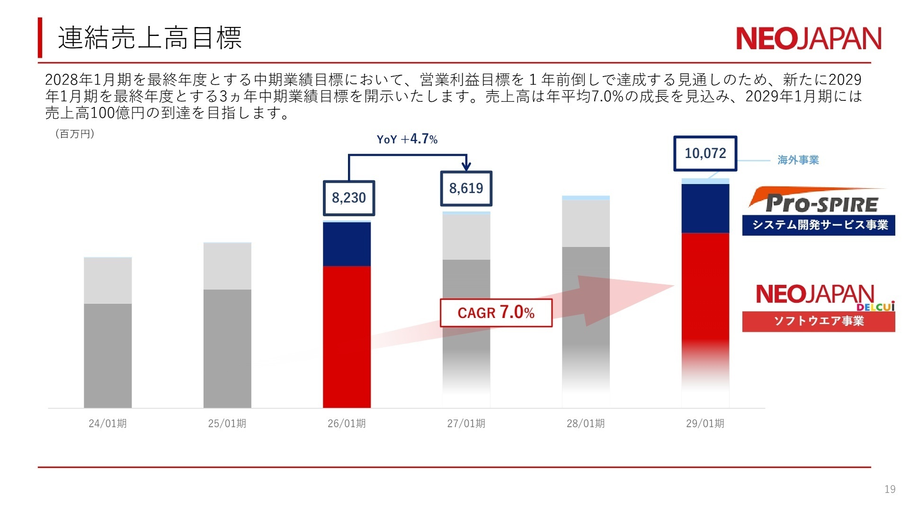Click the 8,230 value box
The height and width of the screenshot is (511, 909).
tap(349, 198)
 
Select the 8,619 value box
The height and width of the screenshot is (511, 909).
tap(466, 188)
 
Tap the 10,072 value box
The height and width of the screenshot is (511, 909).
tap(705, 153)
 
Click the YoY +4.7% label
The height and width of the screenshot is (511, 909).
tap(407, 139)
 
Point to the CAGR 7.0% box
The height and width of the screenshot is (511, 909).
tap(496, 313)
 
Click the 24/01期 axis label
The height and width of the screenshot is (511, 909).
tap(107, 423)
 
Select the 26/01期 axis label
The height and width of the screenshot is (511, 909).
tap(347, 423)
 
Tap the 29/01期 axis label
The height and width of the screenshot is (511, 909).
tap(705, 423)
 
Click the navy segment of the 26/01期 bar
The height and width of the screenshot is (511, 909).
tap(347, 244)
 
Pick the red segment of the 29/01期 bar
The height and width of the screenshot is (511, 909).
tap(705, 293)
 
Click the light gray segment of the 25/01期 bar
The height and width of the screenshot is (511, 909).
tap(227, 266)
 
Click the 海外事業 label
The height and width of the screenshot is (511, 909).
tap(798, 160)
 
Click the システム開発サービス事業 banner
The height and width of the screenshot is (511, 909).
tap(819, 225)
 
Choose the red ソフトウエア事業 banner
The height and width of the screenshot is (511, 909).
tap(819, 321)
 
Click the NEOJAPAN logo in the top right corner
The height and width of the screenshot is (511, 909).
tap(808, 38)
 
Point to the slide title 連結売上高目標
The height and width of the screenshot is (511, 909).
tap(150, 38)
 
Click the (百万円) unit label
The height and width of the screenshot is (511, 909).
tap(75, 134)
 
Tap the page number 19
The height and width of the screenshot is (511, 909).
tap(890, 489)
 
